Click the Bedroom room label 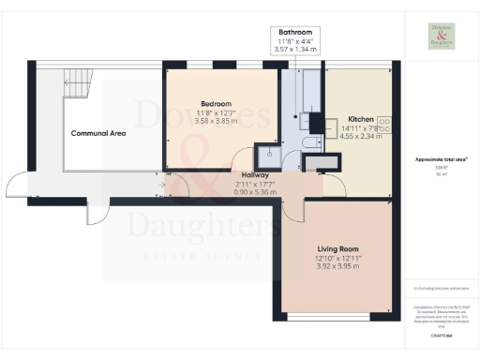coord(215,104)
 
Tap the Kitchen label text coord(362,120)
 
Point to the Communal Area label coord(98,133)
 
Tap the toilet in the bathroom coord(311,142)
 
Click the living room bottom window coord(338,315)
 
